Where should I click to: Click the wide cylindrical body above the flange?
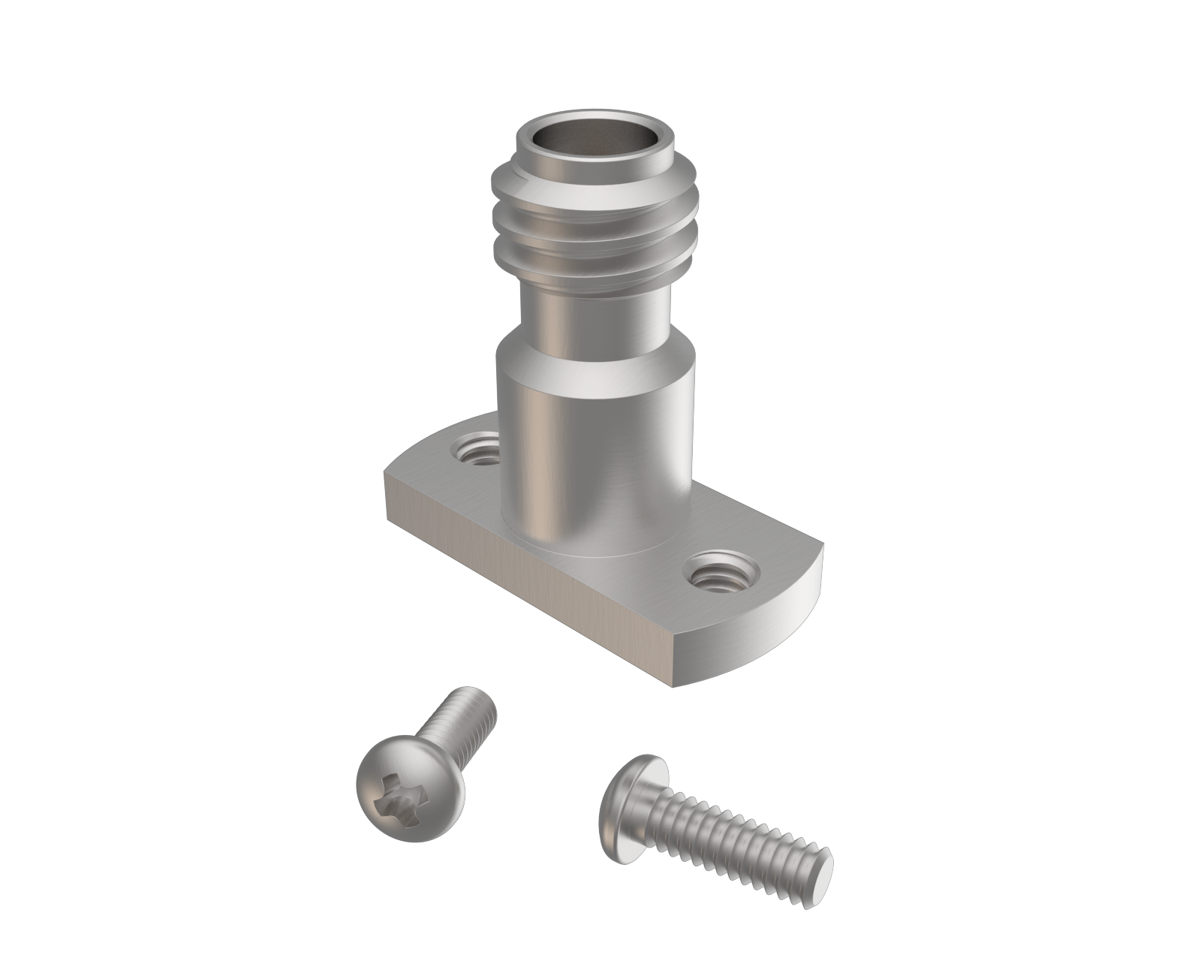click(593, 450)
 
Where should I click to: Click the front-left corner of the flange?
click(388, 496)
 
